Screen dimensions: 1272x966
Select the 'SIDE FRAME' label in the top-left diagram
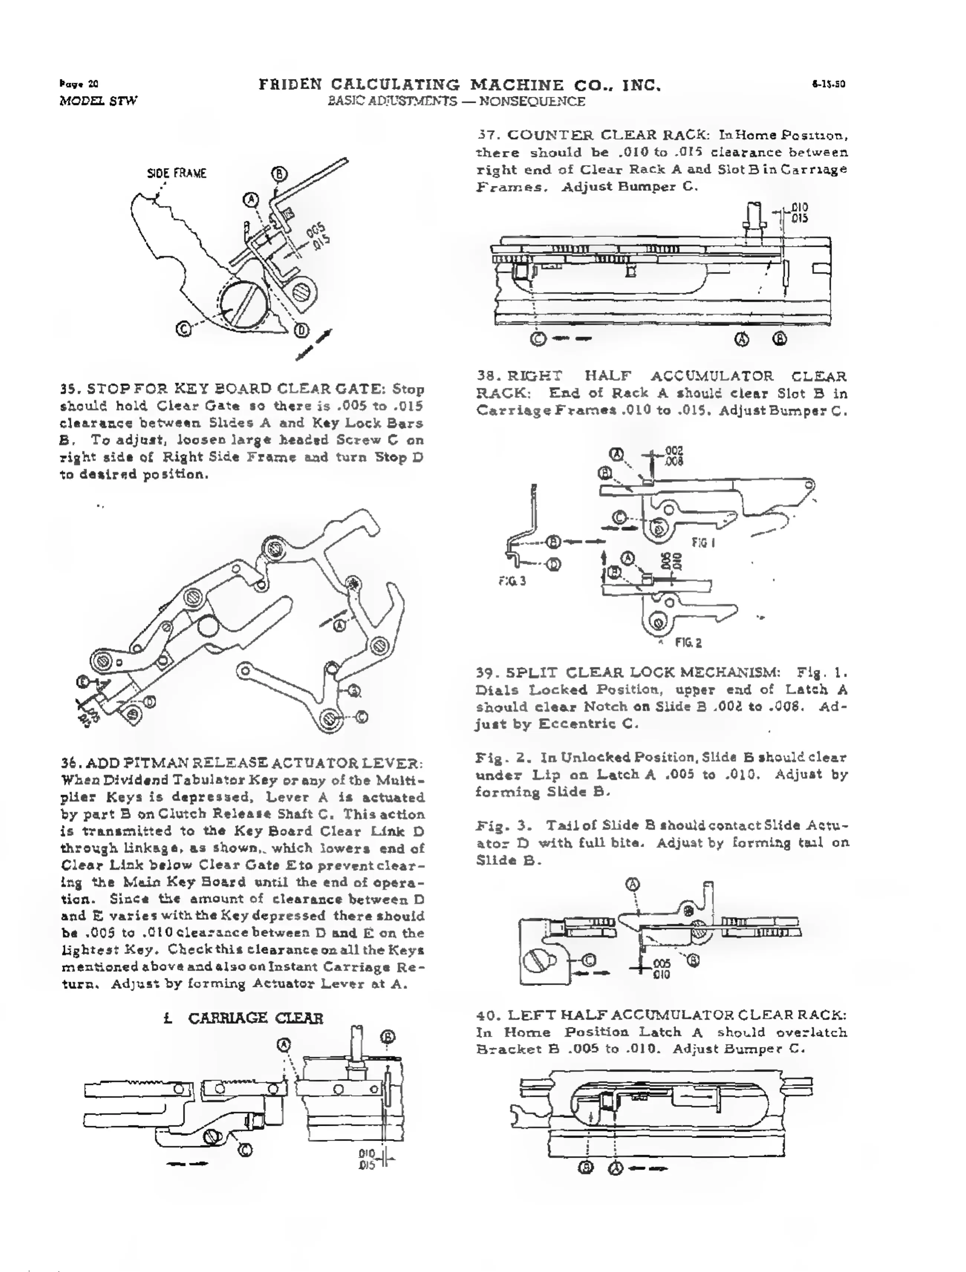[x=177, y=173]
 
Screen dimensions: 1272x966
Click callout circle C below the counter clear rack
[x=538, y=339]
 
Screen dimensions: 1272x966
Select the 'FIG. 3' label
[x=512, y=581]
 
